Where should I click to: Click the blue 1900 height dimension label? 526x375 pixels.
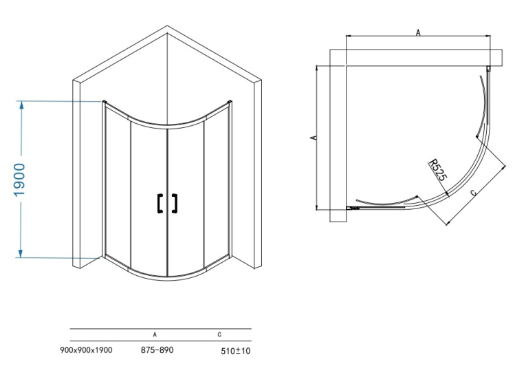(x=20, y=180)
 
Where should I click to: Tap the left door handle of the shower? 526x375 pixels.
(x=160, y=203)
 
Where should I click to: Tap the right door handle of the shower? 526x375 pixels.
(x=174, y=203)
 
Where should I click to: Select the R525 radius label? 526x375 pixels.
(x=438, y=170)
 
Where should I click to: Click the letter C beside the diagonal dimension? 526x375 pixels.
(x=473, y=193)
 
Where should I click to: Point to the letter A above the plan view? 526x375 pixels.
(x=418, y=32)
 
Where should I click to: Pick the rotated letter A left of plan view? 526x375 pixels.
(x=314, y=138)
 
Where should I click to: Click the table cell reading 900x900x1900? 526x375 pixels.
(x=86, y=350)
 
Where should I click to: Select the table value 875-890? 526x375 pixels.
(x=157, y=350)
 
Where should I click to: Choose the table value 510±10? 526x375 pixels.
(x=235, y=351)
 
